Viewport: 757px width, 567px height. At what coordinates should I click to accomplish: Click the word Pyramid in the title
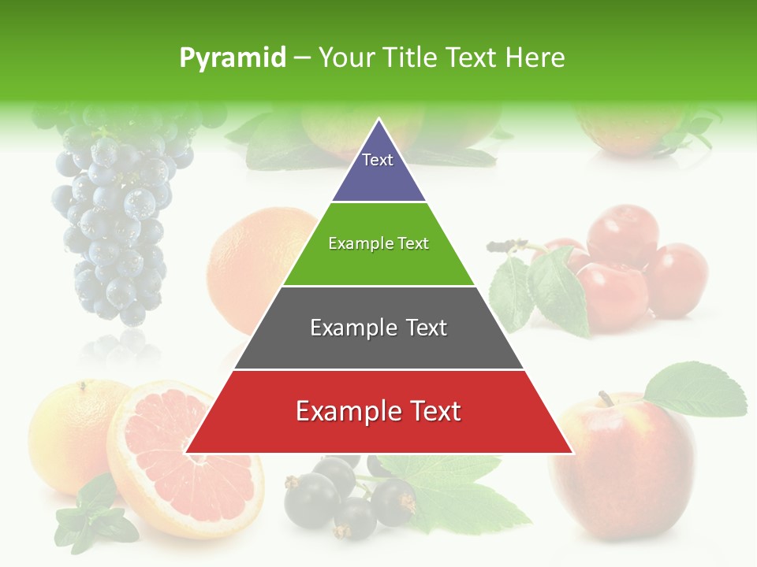click(232, 58)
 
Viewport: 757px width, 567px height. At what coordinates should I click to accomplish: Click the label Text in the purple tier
click(378, 160)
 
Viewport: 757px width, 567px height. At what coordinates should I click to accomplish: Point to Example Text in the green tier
click(378, 243)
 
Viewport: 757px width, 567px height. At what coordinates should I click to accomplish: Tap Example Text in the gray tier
click(378, 328)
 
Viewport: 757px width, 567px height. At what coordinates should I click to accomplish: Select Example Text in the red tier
click(378, 411)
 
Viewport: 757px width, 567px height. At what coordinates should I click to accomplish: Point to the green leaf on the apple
click(698, 390)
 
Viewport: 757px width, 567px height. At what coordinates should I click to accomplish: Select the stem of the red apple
click(606, 398)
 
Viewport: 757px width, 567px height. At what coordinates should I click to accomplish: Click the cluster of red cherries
click(631, 268)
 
